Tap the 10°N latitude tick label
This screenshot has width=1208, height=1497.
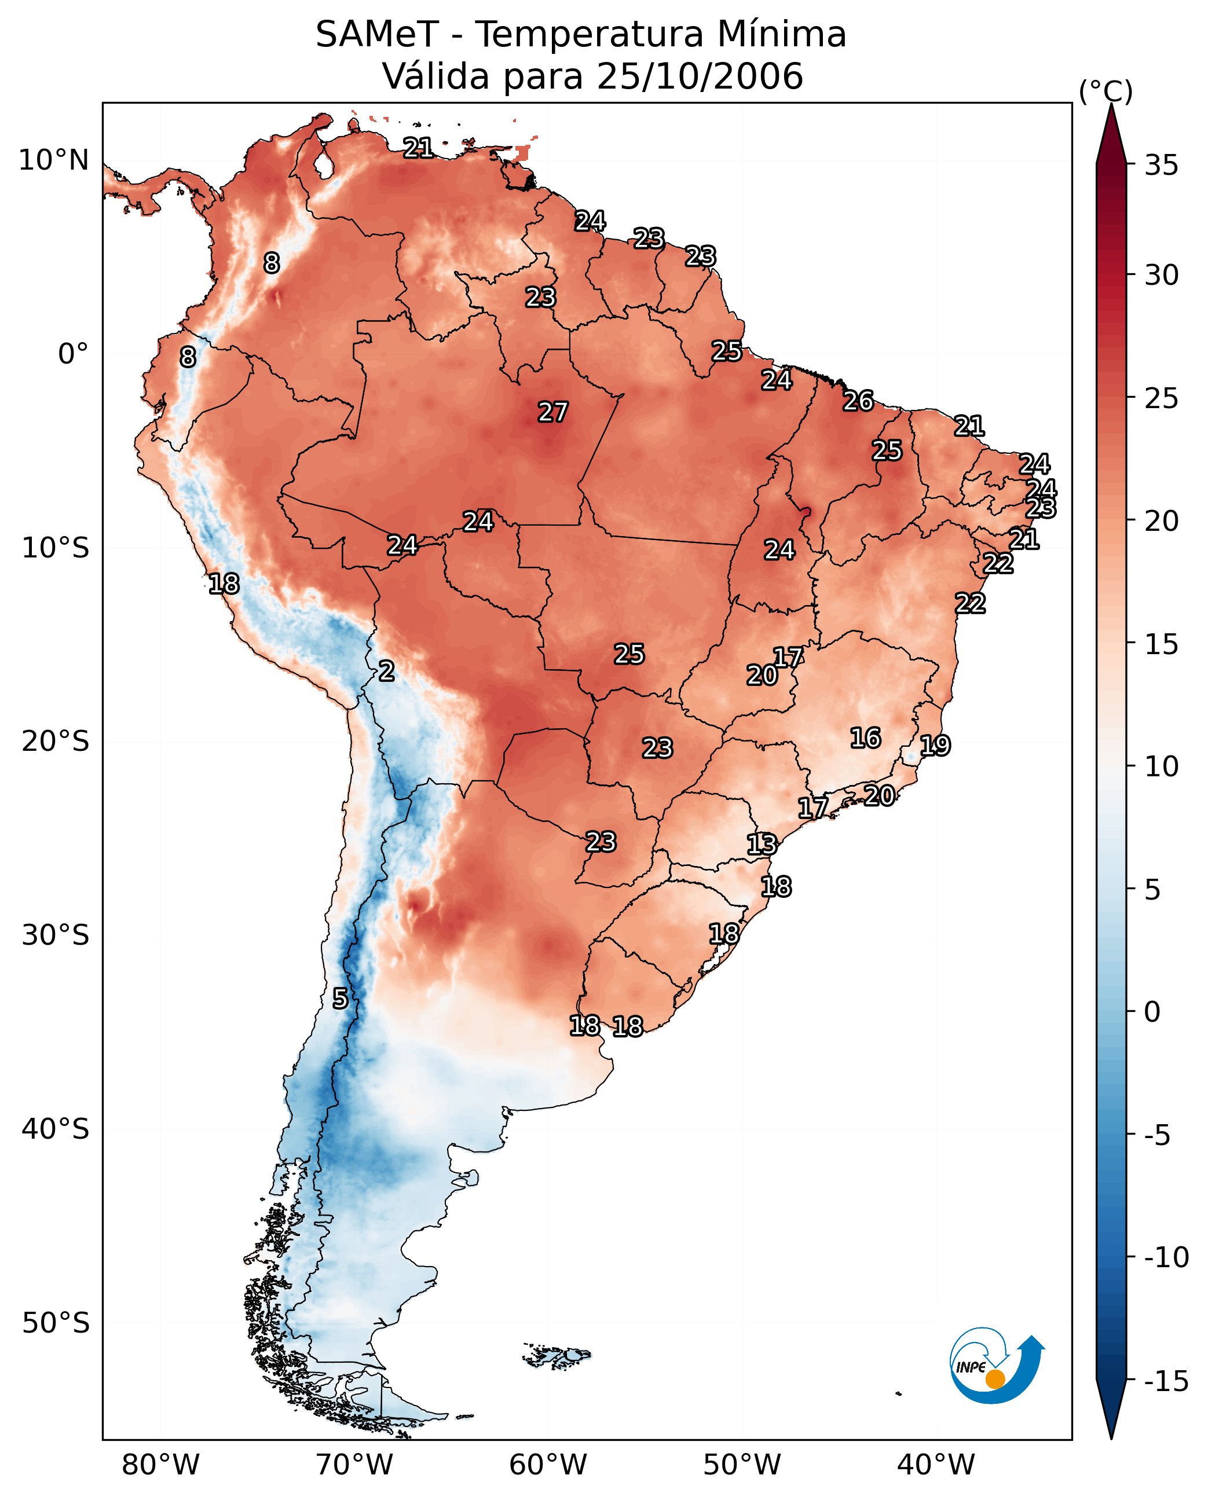[54, 161]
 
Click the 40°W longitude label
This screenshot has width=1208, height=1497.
[935, 1465]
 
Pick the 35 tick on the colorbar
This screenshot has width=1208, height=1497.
[1161, 166]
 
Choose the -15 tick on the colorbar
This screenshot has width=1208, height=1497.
[1166, 1382]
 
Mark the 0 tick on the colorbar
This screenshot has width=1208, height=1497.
[1152, 1012]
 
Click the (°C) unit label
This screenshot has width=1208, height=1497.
[1105, 91]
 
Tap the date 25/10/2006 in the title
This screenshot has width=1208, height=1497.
[700, 76]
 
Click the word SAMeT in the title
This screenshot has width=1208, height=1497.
[376, 35]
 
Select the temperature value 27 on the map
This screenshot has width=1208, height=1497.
[553, 413]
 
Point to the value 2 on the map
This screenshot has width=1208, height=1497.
[387, 672]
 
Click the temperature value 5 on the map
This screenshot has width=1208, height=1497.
[339, 999]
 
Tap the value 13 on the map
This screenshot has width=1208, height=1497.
[762, 845]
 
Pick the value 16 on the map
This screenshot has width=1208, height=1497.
[866, 738]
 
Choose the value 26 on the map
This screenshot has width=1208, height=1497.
[858, 401]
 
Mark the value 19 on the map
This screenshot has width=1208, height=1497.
[935, 746]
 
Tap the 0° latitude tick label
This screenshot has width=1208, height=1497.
[72, 354]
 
